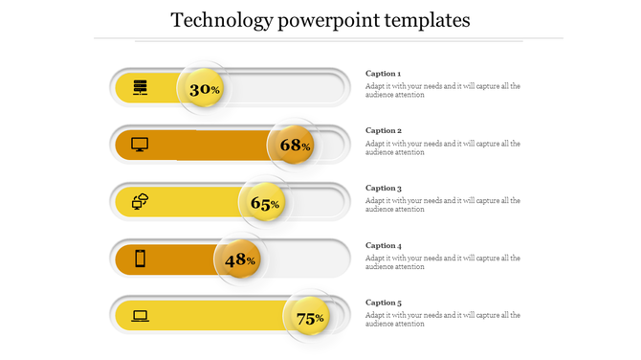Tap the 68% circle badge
pos(294,146)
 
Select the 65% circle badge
pos(264,203)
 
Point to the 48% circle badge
pos(239,259)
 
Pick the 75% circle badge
pos(309,318)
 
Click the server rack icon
pos(141,88)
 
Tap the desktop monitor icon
pos(140,145)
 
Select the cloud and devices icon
pos(141,201)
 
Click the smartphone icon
pos(141,259)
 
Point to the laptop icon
pos(141,315)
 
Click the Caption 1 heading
pos(384,74)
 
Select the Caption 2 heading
pos(384,130)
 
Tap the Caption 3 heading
pos(384,188)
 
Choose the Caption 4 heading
pos(384,245)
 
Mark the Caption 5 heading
pos(384,303)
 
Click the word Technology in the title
pos(221,20)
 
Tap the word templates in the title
pos(427,20)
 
